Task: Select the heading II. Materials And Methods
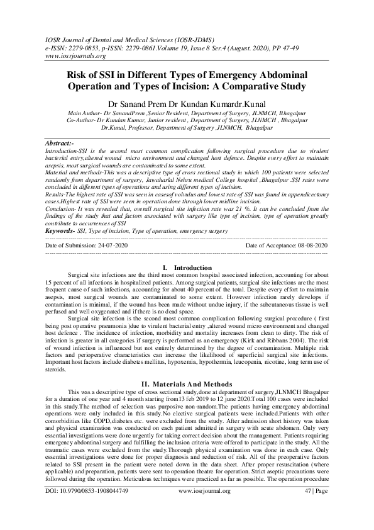click(x=187, y=384)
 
